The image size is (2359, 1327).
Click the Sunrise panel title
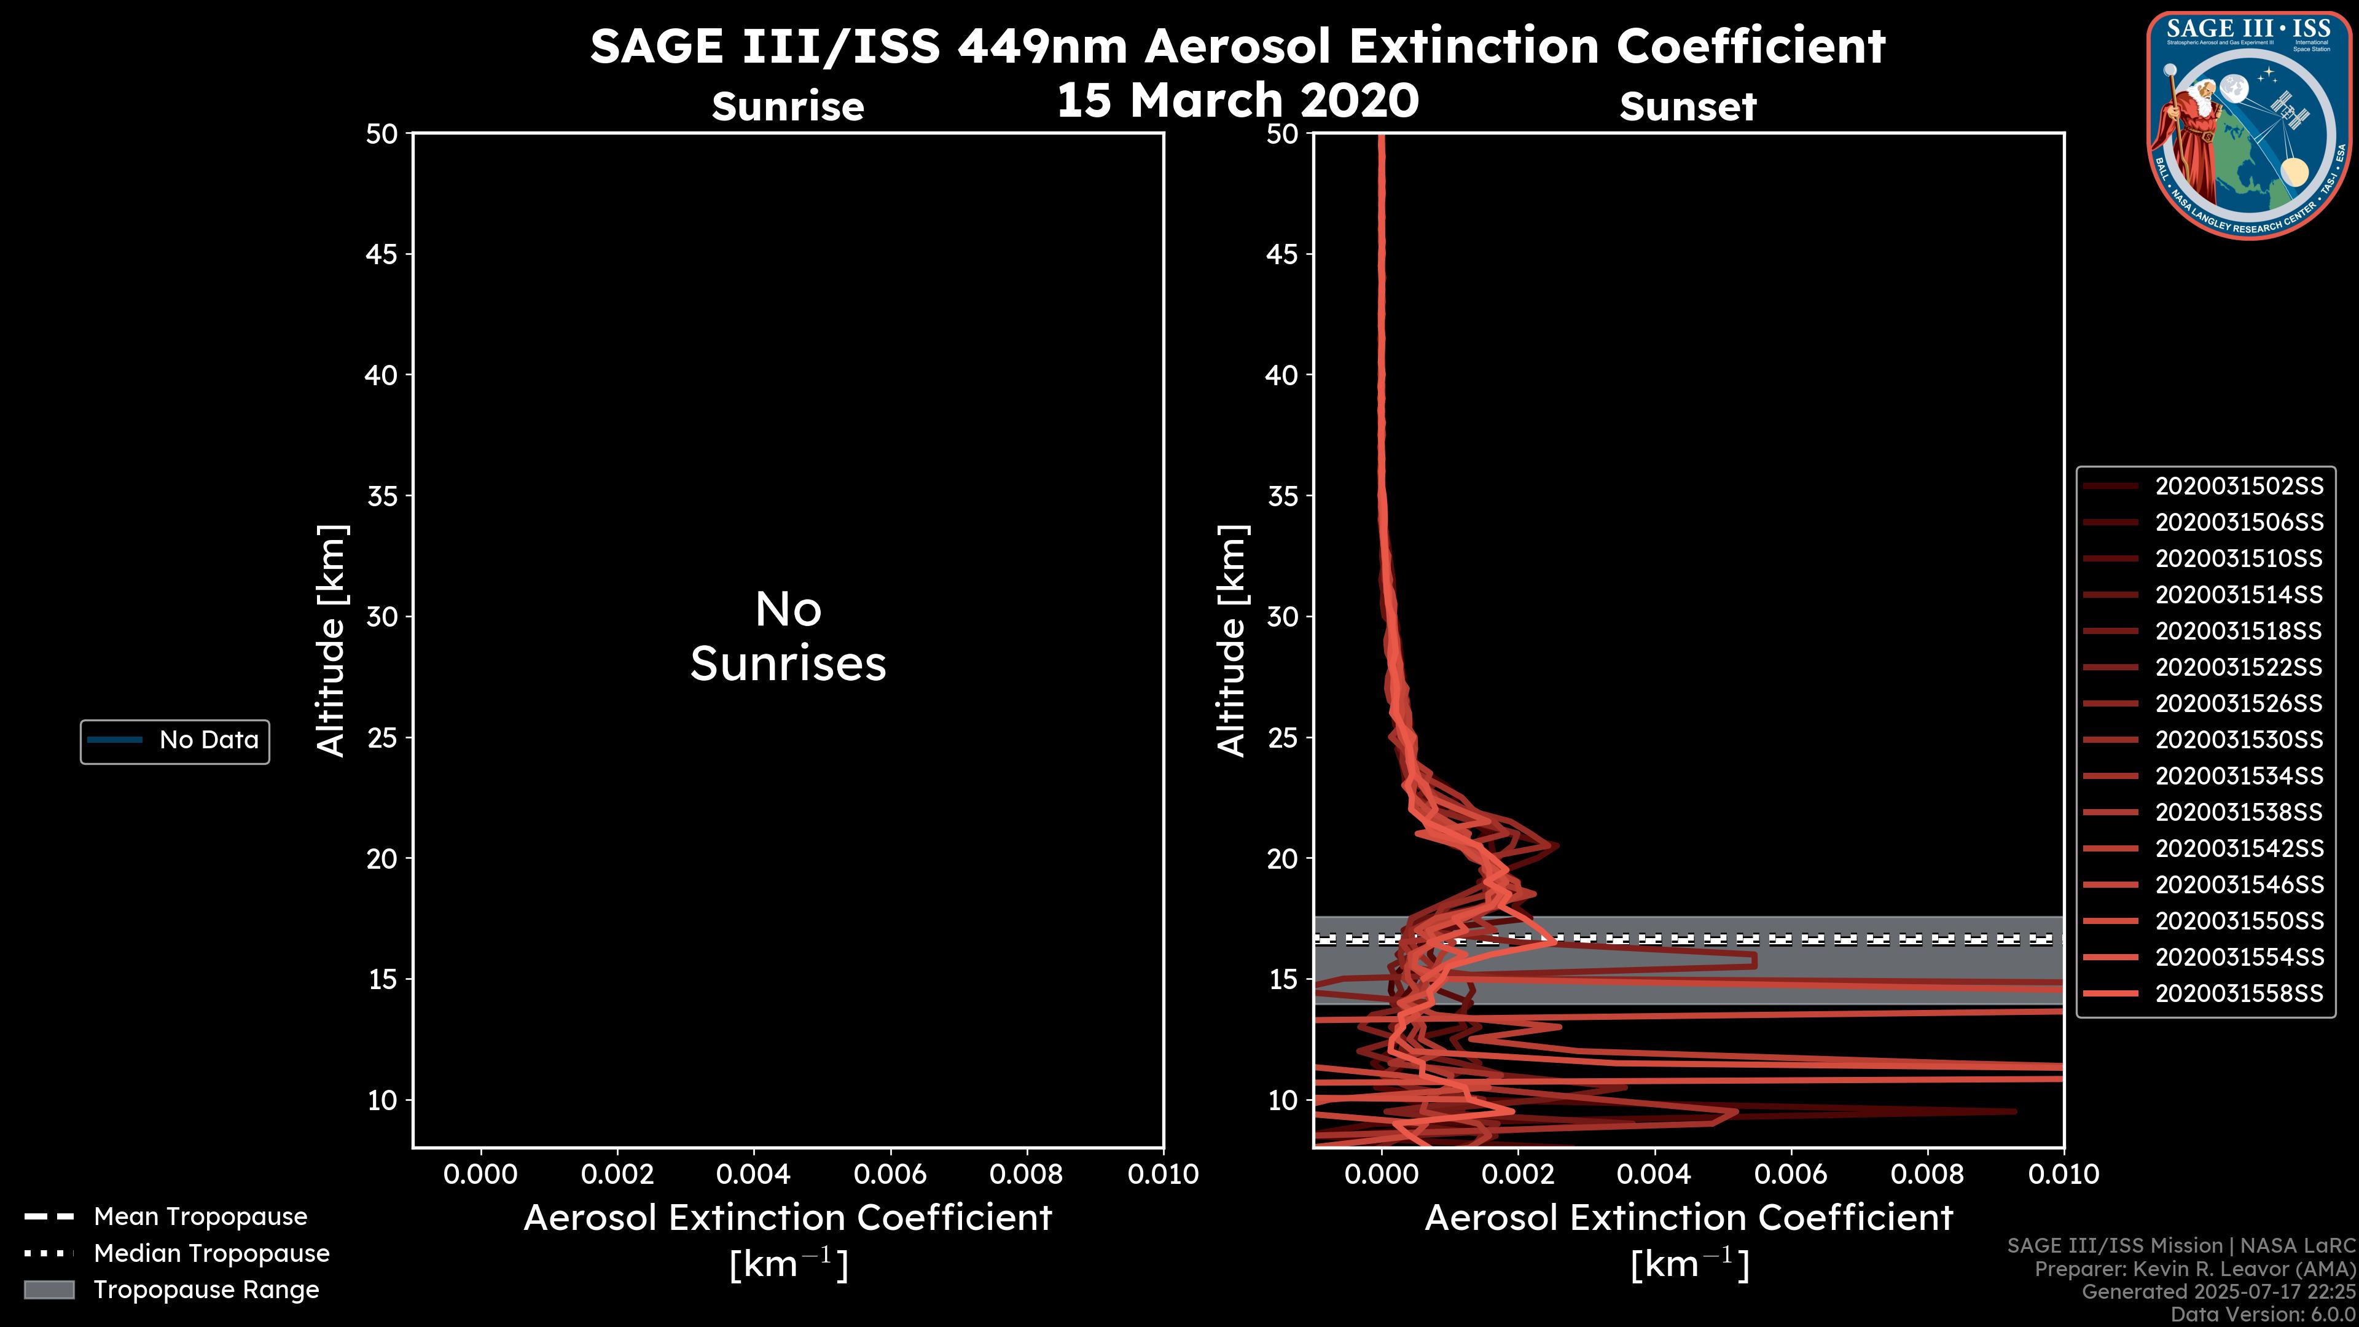pyautogui.click(x=788, y=107)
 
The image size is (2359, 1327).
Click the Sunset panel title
pyautogui.click(x=1688, y=107)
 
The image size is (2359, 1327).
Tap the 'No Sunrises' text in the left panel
pyautogui.click(x=788, y=636)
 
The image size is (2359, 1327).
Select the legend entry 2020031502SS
pyautogui.click(x=2238, y=487)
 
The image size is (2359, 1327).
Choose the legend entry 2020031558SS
pyautogui.click(x=2238, y=993)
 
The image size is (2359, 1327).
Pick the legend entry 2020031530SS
pyautogui.click(x=2238, y=740)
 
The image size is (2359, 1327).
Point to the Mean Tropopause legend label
pyautogui.click(x=200, y=1217)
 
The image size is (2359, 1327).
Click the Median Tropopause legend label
pyautogui.click(x=211, y=1254)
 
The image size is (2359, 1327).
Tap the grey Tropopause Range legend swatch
pyautogui.click(x=49, y=1290)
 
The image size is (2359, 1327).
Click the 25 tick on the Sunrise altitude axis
pyautogui.click(x=382, y=738)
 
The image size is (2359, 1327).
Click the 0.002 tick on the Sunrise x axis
pyautogui.click(x=617, y=1174)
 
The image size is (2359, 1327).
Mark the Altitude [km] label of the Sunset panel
pyautogui.click(x=1232, y=641)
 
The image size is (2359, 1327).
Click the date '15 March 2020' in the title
pyautogui.click(x=1237, y=100)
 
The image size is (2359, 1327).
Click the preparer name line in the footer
pyautogui.click(x=2194, y=1269)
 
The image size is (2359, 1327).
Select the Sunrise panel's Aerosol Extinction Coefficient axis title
pyautogui.click(x=788, y=1219)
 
